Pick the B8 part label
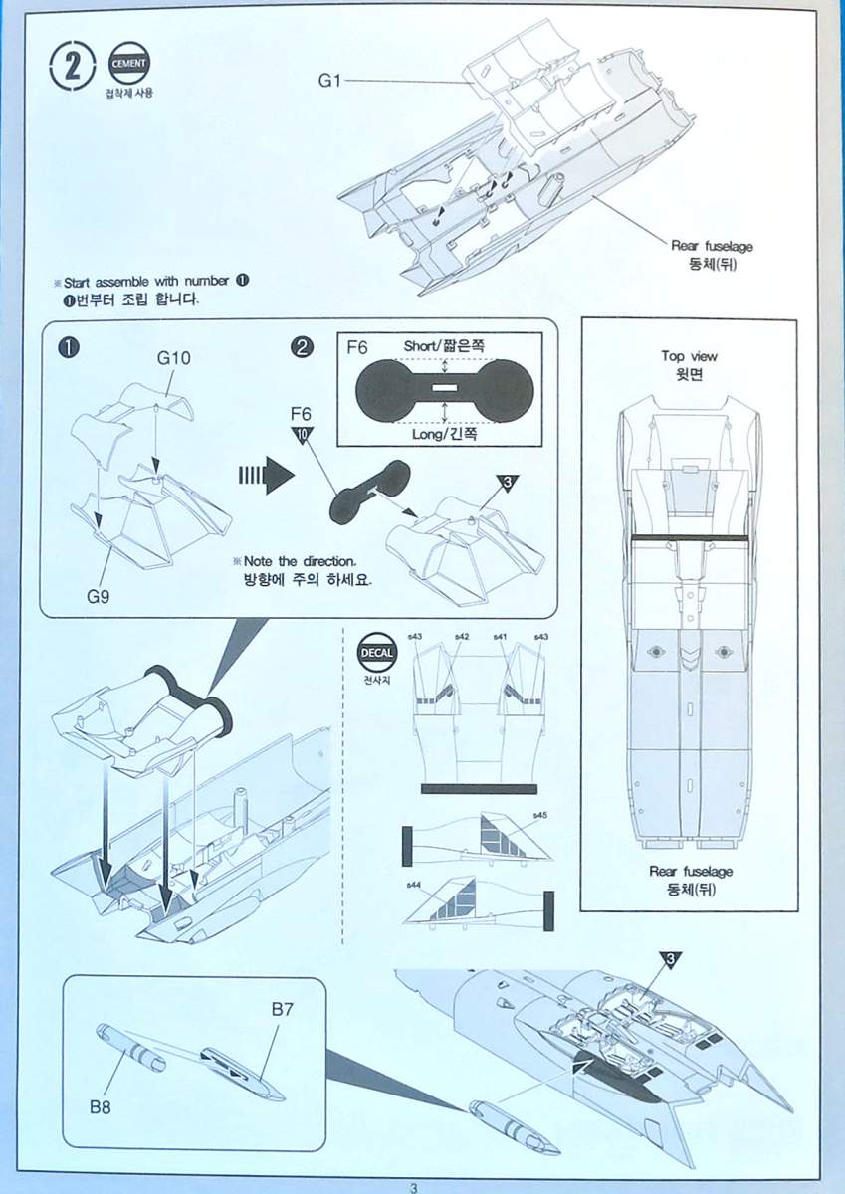click(x=101, y=1106)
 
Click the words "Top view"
click(x=689, y=356)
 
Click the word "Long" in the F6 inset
click(x=422, y=435)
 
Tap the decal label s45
click(x=540, y=816)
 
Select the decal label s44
click(x=413, y=885)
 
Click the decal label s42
click(x=461, y=637)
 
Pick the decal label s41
click(x=500, y=637)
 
